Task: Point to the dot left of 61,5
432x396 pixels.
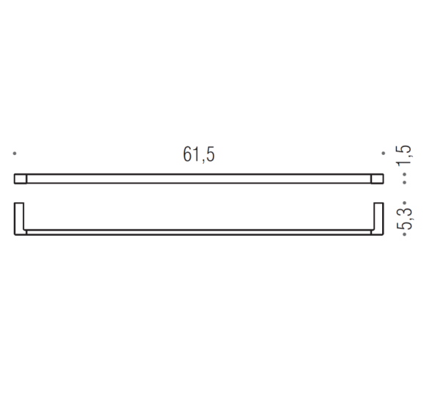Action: pos(15,154)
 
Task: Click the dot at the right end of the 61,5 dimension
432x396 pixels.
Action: pos(383,154)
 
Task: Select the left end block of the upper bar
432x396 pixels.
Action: pos(21,179)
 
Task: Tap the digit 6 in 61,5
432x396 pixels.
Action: pos(188,155)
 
